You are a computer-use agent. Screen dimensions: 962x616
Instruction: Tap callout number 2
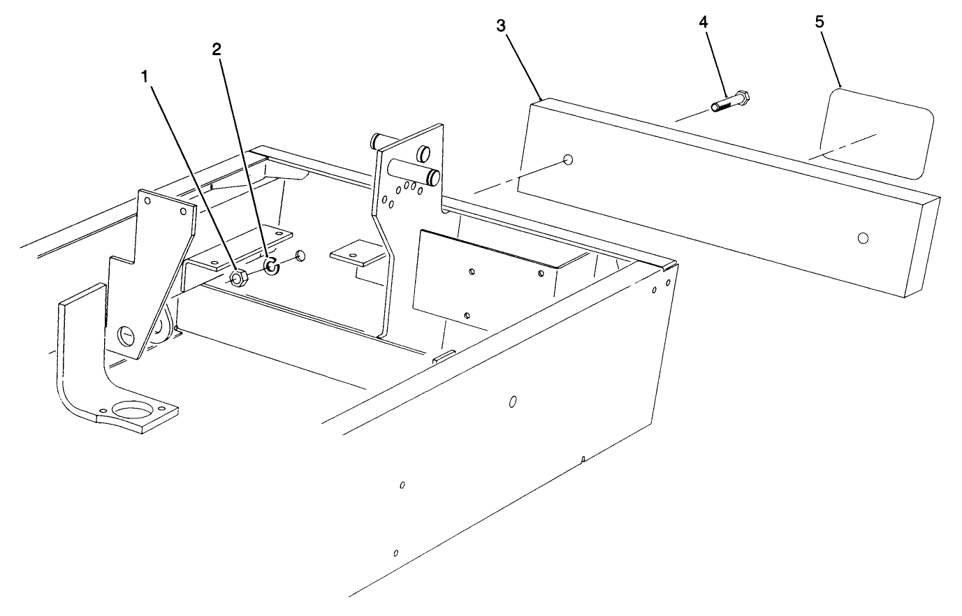217,50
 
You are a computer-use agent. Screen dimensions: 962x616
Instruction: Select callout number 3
501,26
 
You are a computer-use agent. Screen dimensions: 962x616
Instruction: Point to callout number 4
703,22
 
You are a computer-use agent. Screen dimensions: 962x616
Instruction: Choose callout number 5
819,22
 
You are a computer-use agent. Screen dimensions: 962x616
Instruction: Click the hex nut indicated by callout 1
237,278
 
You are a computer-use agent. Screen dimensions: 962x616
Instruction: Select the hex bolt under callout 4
730,101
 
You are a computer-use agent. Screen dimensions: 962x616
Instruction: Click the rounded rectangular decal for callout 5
876,133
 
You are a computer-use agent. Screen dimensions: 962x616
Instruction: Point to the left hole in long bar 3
568,160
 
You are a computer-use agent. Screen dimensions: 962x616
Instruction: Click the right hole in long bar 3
863,238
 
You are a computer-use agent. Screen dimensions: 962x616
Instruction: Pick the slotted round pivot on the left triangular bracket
126,335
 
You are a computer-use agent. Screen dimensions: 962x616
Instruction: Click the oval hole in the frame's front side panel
512,402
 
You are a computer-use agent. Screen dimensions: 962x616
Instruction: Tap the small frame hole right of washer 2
300,256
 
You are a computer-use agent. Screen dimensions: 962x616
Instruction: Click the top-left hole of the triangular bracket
147,200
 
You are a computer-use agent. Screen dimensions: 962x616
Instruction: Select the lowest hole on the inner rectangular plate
467,316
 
